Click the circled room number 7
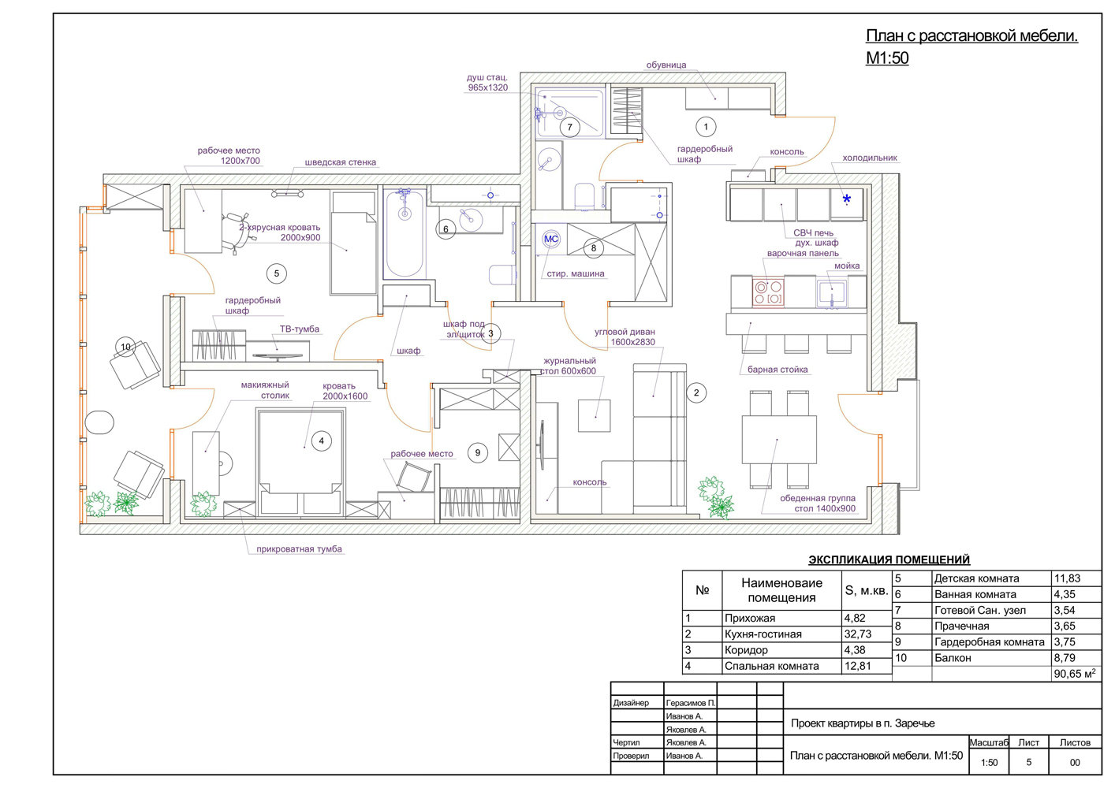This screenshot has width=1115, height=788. tap(569, 127)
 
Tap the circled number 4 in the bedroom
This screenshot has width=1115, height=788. tap(321, 440)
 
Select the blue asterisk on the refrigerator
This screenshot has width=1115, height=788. tap(846, 199)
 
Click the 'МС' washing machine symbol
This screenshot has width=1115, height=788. tap(551, 239)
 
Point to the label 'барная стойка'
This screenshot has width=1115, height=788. tap(778, 370)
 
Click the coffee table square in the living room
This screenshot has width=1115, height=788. tap(594, 415)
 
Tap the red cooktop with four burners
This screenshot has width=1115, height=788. tap(768, 292)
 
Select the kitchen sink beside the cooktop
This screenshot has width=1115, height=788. tap(831, 293)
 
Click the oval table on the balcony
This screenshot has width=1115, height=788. tap(99, 422)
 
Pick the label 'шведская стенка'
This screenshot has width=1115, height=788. tap(341, 162)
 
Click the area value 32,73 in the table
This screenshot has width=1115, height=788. tap(858, 634)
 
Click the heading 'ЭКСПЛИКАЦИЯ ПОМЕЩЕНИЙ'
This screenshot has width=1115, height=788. tap(889, 559)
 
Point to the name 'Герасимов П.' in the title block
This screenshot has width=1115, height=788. tap(691, 703)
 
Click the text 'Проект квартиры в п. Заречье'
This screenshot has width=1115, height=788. tap(863, 723)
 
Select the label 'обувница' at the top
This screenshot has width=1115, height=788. tap(666, 65)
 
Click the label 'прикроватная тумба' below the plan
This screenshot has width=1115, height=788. tap(299, 549)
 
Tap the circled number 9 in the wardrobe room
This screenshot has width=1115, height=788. tap(477, 452)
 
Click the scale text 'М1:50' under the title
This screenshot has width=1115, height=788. tap(887, 58)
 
